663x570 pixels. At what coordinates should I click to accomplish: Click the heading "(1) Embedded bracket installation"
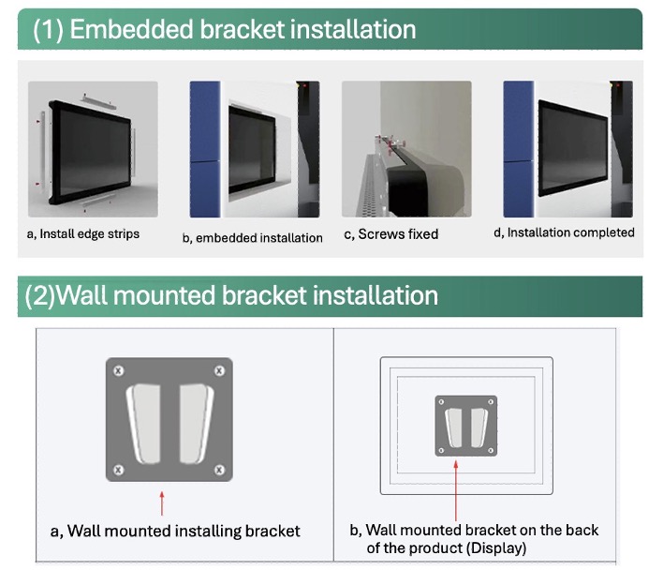224,30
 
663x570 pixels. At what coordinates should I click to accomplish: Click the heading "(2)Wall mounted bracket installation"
231,295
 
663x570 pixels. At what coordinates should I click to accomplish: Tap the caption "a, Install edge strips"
82,234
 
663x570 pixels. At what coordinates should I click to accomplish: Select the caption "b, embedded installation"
253,238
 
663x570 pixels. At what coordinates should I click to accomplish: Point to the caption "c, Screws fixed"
391,234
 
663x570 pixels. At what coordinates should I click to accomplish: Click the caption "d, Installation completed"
564,232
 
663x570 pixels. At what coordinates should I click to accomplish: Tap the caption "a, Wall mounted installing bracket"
175,531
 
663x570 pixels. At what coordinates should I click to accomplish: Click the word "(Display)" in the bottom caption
496,548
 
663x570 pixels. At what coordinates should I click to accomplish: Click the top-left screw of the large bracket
118,370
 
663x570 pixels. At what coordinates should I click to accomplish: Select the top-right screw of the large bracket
219,370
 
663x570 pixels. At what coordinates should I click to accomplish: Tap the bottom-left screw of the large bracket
118,470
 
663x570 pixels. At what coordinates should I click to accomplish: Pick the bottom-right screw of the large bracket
219,470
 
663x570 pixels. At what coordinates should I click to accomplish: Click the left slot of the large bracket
144,424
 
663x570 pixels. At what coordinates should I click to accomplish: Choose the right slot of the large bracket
197,424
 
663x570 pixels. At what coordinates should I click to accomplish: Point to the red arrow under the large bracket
162,503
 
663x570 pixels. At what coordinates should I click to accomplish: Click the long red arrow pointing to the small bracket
456,491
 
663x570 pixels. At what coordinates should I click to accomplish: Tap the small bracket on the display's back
466,427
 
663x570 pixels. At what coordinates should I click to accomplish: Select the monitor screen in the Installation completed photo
573,149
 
